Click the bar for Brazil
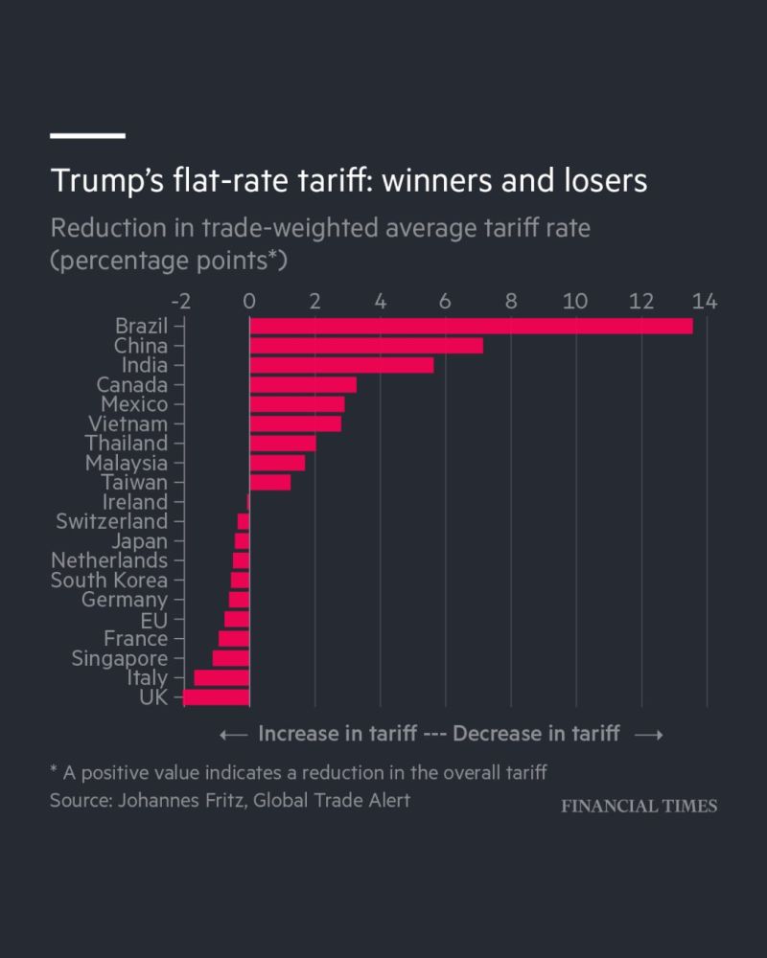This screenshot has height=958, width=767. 470,326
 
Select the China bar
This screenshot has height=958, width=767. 365,346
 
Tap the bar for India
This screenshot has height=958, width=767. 340,365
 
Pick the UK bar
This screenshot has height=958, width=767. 217,697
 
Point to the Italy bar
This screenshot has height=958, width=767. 221,677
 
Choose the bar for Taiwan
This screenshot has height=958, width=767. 269,483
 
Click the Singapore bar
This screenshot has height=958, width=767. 231,658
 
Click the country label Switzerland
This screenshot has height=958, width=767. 111,521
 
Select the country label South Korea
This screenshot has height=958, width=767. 108,581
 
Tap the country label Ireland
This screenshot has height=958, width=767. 134,502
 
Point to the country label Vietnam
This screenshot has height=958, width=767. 128,423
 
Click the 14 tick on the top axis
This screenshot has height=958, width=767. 705,302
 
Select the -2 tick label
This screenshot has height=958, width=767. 180,302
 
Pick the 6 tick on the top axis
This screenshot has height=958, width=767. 445,302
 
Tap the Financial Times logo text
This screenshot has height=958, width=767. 639,806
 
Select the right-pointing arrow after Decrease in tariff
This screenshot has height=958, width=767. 649,734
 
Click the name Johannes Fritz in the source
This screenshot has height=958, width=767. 172,800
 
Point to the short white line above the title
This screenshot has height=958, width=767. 87,136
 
